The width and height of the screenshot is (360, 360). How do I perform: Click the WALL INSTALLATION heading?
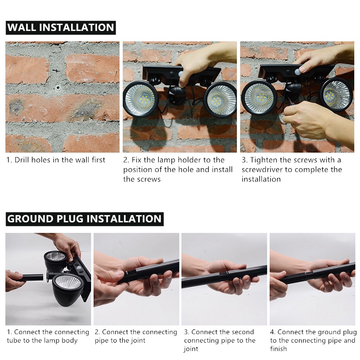[x=61, y=27]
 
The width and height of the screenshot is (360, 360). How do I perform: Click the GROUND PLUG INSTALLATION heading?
[x=84, y=219]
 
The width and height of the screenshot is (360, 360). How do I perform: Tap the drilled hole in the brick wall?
[x=57, y=87]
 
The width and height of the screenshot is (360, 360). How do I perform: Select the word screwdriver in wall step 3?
[x=262, y=170]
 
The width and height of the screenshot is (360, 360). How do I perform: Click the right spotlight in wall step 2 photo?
[x=220, y=99]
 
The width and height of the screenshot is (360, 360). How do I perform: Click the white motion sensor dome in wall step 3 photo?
[x=298, y=71]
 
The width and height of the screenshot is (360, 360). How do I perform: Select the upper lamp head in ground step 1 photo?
[x=55, y=261]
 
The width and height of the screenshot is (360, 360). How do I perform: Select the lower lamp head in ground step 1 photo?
[x=67, y=289]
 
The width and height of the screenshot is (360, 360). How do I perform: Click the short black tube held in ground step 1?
[x=32, y=278]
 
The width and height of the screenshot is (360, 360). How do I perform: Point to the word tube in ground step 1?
[x=14, y=340]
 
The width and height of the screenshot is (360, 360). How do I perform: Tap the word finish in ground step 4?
[x=278, y=349]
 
